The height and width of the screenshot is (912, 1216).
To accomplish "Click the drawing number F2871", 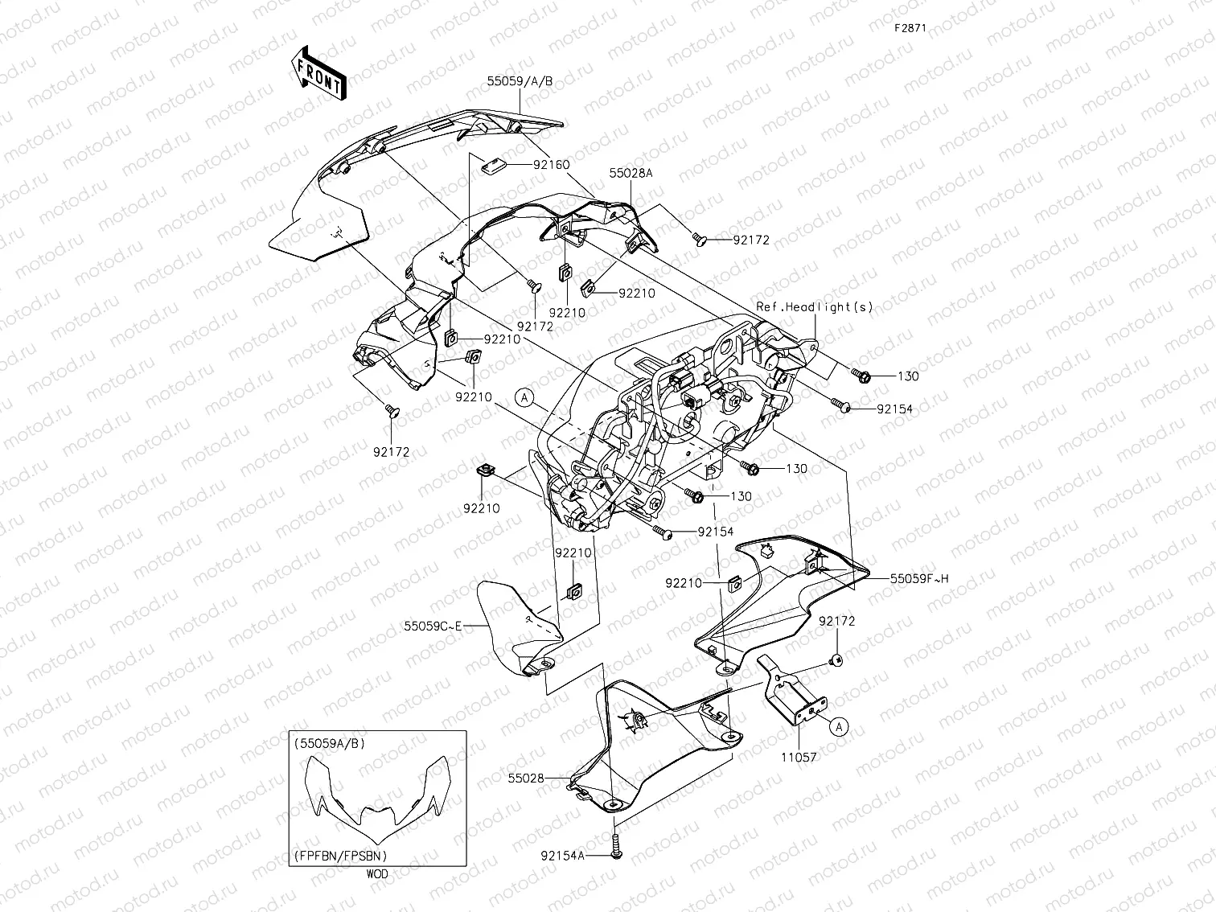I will pyautogui.click(x=911, y=27).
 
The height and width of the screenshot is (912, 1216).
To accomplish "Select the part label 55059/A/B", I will pyautogui.click(x=520, y=81).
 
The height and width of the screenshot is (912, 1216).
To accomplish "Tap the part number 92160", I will pyautogui.click(x=551, y=165).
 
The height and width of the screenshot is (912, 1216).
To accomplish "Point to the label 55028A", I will pyautogui.click(x=630, y=173).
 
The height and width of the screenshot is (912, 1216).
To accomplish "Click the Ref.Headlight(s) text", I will pyautogui.click(x=814, y=306).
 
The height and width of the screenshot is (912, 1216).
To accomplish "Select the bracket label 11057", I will pyautogui.click(x=799, y=757).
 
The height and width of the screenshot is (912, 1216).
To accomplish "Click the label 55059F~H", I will pyautogui.click(x=918, y=578).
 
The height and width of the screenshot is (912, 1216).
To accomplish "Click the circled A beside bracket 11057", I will pyautogui.click(x=838, y=726).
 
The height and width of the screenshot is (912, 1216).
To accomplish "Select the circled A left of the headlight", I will pyautogui.click(x=524, y=396).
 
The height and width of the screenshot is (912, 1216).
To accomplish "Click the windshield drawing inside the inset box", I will pyautogui.click(x=376, y=796).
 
